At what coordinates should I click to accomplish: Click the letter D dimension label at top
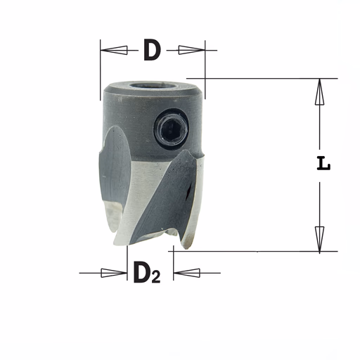coord(153,50)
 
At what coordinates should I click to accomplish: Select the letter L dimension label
coord(323,163)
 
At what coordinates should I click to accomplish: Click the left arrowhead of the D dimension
coord(114,50)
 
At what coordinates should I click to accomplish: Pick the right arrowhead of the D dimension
coord(192,50)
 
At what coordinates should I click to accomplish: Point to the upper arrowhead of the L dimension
coord(319,91)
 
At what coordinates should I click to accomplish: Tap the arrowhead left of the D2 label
coord(114,273)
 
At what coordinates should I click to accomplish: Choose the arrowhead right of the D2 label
coord(187,273)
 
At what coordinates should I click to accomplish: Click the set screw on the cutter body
coord(172,129)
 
